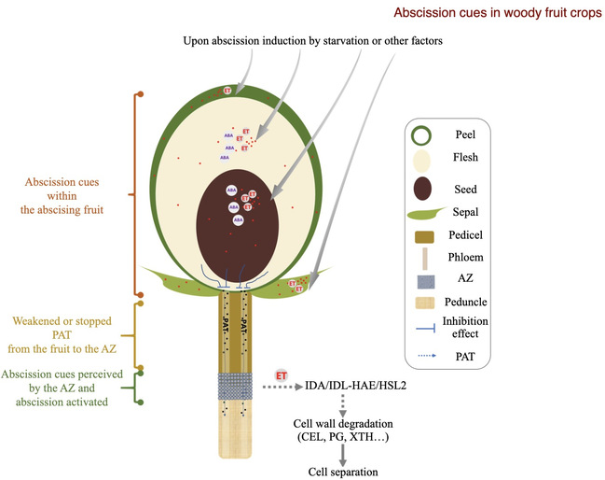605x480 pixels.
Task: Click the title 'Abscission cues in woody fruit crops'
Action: click(x=498, y=13)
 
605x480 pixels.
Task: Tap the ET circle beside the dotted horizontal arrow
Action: click(x=282, y=374)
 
